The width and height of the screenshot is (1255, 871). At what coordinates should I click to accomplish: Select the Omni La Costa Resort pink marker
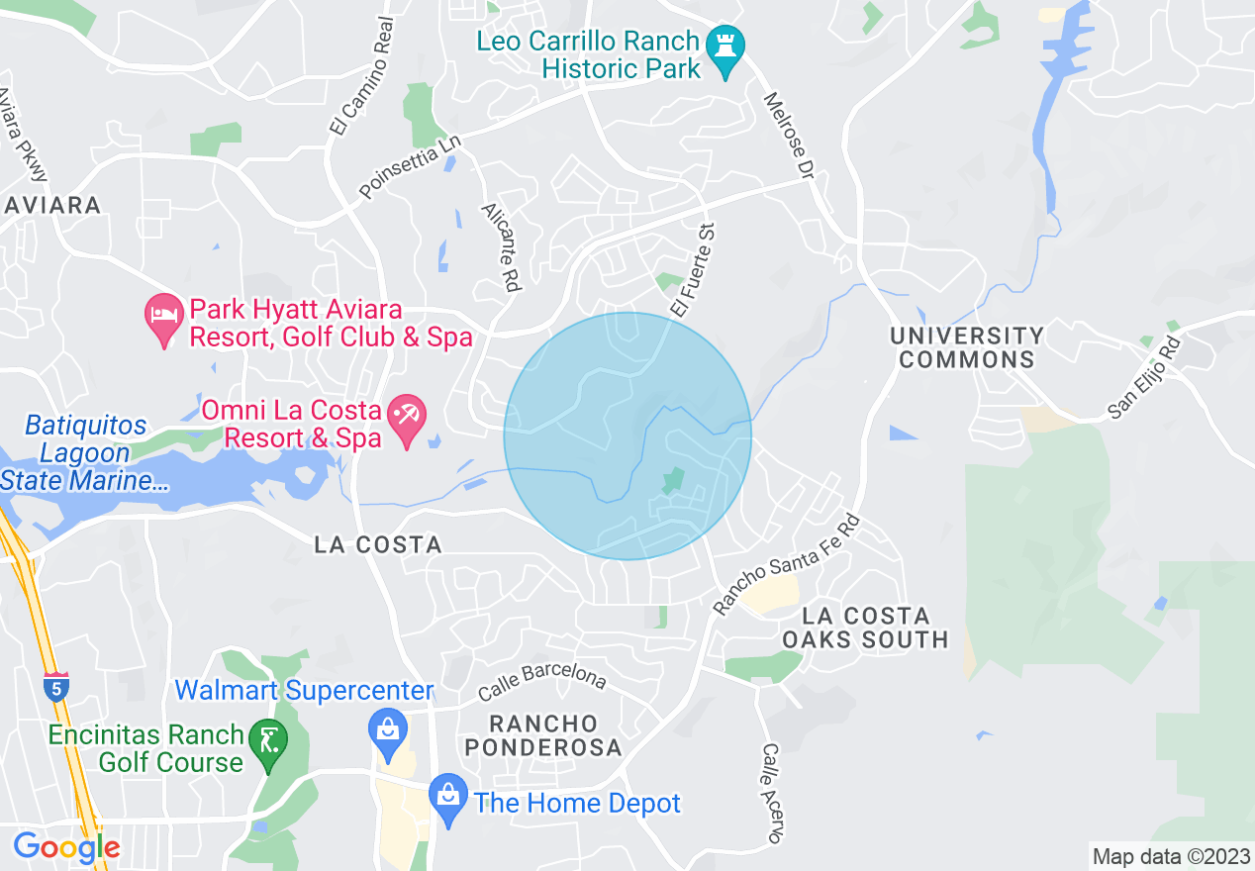click(406, 420)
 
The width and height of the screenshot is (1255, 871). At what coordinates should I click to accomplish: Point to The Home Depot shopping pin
click(448, 799)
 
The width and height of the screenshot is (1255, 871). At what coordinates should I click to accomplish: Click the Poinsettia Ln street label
click(411, 167)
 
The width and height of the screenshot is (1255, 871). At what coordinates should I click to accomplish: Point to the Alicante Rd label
click(501, 247)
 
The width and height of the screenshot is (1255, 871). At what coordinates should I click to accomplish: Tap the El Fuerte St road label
click(692, 269)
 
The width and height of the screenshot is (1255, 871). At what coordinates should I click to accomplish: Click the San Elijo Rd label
click(1145, 378)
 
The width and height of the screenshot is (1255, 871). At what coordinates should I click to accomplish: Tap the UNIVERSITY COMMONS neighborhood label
click(967, 347)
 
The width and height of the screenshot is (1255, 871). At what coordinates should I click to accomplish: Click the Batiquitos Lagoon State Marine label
click(86, 453)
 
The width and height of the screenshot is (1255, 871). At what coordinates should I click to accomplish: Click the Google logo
click(66, 847)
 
